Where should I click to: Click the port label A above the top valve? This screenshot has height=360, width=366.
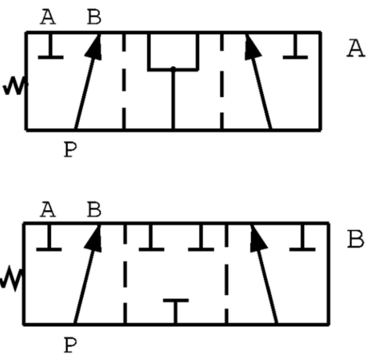point(48,17)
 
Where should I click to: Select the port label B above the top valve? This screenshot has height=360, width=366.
point(94,17)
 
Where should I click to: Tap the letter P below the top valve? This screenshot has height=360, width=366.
point(70,149)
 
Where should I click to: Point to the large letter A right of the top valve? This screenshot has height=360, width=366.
point(355,48)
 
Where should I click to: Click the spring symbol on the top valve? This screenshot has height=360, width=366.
point(15,86)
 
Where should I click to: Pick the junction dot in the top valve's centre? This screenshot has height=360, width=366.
point(173,68)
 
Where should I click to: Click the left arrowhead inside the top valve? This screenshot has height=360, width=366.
point(94,47)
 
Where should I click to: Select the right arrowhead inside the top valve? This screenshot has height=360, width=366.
point(253,47)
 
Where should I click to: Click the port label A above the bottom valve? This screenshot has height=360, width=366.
point(48,209)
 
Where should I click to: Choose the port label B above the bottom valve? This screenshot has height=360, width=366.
point(94,209)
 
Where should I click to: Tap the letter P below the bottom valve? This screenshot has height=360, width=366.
point(70,345)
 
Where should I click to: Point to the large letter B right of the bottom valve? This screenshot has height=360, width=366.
point(355,239)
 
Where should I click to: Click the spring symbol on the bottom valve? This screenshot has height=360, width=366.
point(11,278)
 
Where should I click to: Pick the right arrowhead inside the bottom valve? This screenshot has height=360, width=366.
point(258,239)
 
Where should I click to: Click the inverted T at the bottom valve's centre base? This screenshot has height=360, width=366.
point(176,311)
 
